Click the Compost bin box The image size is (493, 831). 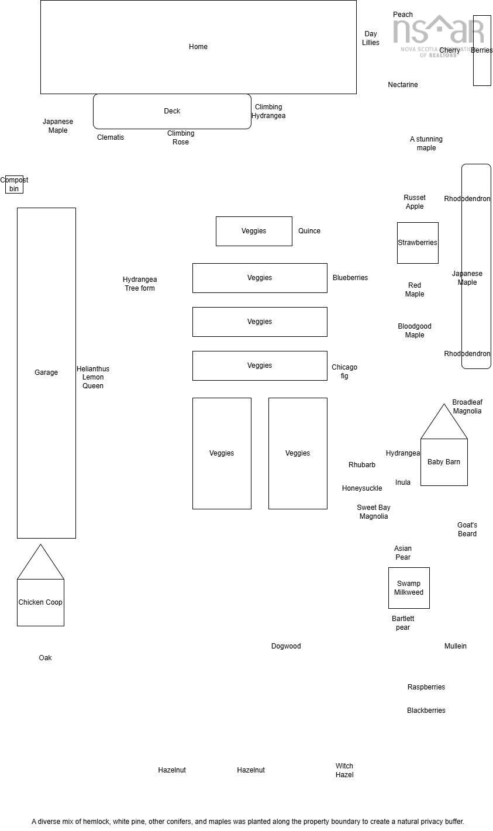click(x=14, y=184)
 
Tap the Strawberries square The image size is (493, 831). click(x=418, y=243)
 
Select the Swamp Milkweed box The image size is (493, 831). click(x=409, y=588)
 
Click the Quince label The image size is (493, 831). click(x=309, y=231)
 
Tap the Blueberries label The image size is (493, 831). click(x=350, y=278)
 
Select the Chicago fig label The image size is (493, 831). click(x=344, y=371)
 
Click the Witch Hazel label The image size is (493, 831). click(x=344, y=770)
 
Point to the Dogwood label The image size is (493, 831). click(x=286, y=646)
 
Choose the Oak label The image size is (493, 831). click(x=46, y=658)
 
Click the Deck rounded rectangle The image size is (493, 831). click(x=172, y=111)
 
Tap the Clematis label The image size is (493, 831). click(x=111, y=137)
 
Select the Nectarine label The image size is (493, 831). click(x=403, y=85)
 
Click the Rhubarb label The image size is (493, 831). click(x=362, y=465)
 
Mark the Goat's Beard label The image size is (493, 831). click(x=467, y=529)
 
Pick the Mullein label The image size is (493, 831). click(x=456, y=646)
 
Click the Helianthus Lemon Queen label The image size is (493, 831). click(x=93, y=377)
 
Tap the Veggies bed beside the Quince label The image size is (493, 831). click(x=254, y=231)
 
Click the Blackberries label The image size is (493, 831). click(x=426, y=711)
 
